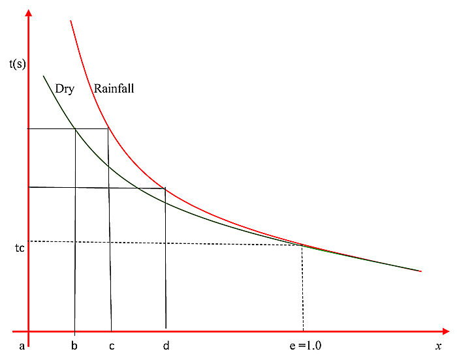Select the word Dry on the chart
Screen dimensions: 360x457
click(x=65, y=89)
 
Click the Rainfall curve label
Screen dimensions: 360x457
click(x=114, y=89)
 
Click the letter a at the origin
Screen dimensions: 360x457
click(x=22, y=346)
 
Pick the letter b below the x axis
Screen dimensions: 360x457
click(x=74, y=346)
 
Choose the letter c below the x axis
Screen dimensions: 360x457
click(x=112, y=346)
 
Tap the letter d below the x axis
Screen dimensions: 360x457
click(x=166, y=346)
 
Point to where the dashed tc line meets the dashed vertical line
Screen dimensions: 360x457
click(x=302, y=245)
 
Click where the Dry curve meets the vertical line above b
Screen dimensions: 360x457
click(x=75, y=129)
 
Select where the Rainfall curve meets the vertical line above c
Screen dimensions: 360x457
click(x=108, y=128)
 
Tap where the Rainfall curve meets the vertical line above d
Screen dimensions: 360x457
click(x=165, y=188)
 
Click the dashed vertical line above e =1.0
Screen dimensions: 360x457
click(x=303, y=287)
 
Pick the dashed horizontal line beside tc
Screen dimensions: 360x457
click(x=163, y=243)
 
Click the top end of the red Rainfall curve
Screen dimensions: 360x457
click(x=70, y=21)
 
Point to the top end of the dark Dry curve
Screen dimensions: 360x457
click(x=44, y=76)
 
